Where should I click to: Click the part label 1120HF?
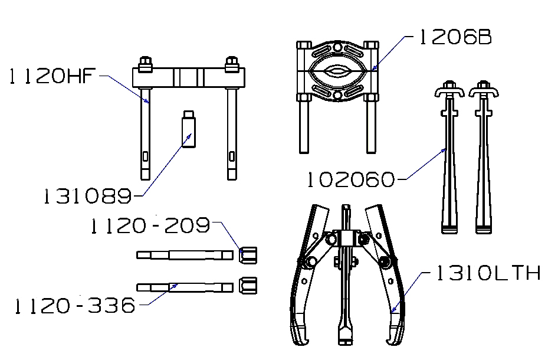pos(52,76)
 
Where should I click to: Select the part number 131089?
pos(87,196)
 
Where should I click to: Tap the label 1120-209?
pos(150,226)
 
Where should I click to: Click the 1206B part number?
pos(455,37)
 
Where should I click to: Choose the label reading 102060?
pos(351,179)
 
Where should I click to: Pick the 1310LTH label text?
pos(488,273)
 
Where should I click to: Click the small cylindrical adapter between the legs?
pos(189,129)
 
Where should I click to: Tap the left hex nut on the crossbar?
pos(145,64)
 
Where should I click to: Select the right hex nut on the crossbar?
pos(232,64)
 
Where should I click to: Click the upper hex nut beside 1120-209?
pos(248,256)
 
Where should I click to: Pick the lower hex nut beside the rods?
pos(248,286)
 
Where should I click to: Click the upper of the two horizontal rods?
pos(185,256)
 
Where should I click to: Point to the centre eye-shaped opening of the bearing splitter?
pos(337,71)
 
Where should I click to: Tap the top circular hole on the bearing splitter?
pos(337,47)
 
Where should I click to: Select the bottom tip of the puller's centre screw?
pos(345,342)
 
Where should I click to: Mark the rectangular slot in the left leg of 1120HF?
pos(145,156)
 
